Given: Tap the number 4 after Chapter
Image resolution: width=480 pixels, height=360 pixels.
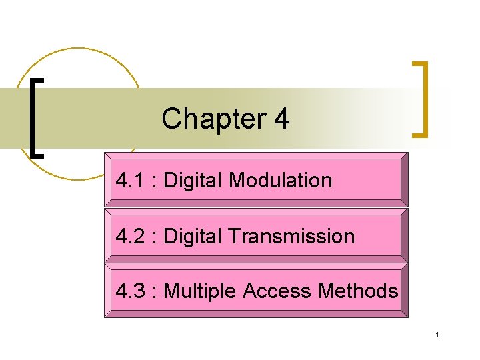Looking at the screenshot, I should pyautogui.click(x=281, y=119).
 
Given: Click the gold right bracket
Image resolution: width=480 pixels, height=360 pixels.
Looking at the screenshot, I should pyautogui.click(x=421, y=99).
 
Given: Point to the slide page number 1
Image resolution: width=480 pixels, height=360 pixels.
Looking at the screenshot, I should pyautogui.click(x=437, y=334).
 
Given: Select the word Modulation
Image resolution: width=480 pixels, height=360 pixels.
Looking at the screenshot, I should pyautogui.click(x=280, y=180).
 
